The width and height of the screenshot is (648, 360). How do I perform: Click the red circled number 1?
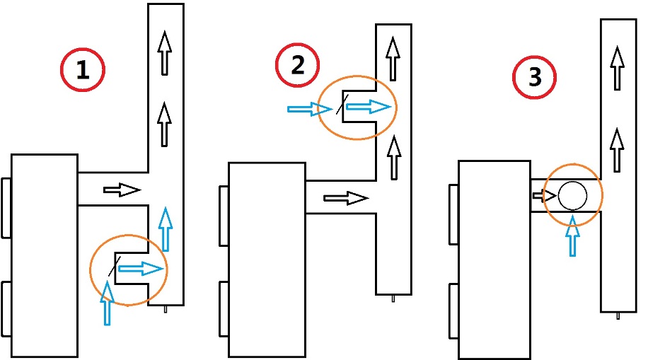83,69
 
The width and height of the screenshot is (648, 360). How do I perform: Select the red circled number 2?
298,65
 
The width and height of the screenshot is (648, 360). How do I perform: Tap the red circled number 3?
534,77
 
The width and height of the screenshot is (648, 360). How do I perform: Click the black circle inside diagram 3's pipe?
572,195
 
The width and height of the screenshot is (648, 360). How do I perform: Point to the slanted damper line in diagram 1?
115,266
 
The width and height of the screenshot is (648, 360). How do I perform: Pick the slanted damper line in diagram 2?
342,104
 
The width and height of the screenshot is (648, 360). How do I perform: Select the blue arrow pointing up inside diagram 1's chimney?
166,229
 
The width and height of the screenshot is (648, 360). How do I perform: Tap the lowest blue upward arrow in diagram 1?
107,303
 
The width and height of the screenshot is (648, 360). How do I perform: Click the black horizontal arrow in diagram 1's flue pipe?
122,190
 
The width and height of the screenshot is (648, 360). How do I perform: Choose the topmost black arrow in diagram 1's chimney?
165,53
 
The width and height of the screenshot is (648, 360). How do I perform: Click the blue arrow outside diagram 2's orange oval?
310,109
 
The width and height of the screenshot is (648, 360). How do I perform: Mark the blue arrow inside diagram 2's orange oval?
369,107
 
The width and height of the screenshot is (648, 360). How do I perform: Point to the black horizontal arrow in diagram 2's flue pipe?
346,199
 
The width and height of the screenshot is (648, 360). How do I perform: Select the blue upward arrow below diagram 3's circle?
572,236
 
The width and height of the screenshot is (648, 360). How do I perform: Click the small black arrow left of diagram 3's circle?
545,195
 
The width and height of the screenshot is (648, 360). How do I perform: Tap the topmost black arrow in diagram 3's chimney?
618,68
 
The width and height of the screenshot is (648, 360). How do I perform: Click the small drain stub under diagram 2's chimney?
393,298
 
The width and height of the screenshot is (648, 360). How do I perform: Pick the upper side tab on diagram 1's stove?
6,208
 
